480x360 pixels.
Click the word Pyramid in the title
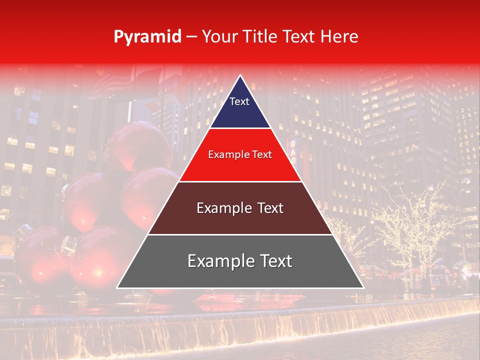147,37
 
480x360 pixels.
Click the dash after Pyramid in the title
191,37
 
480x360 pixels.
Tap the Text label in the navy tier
239,101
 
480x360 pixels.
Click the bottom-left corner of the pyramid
117,287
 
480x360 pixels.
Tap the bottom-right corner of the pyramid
363,287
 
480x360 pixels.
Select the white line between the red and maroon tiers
240,181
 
